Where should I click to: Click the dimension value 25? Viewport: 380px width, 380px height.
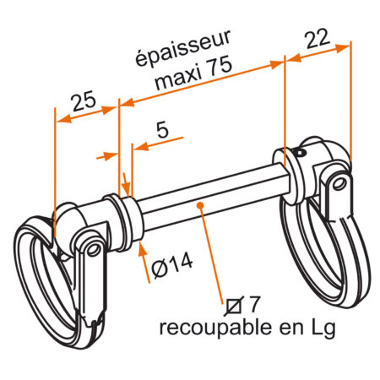pyautogui.click(x=82, y=103)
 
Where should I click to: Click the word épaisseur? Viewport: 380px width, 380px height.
pyautogui.click(x=184, y=52)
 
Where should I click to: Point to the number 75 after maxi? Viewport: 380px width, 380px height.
pyautogui.click(x=217, y=79)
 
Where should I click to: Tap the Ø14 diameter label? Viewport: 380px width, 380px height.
pyautogui.click(x=173, y=265)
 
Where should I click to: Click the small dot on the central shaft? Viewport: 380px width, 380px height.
pyautogui.click(x=201, y=203)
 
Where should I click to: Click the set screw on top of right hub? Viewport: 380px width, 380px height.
pyautogui.click(x=301, y=153)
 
